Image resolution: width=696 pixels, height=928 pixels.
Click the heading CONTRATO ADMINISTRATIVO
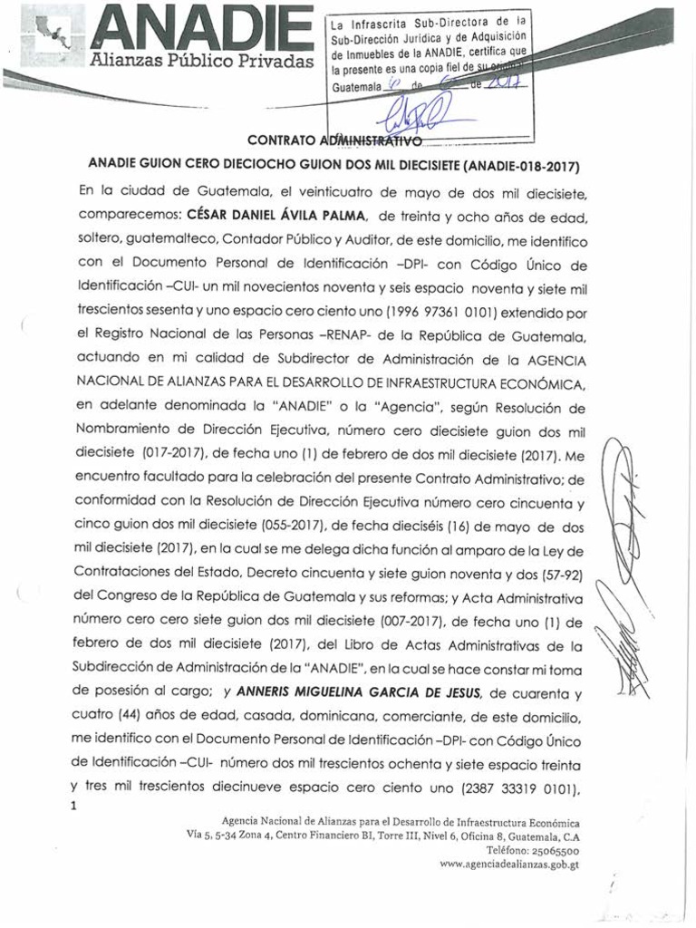(x=334, y=141)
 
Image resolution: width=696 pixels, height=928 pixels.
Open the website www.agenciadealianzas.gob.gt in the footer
(x=509, y=865)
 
